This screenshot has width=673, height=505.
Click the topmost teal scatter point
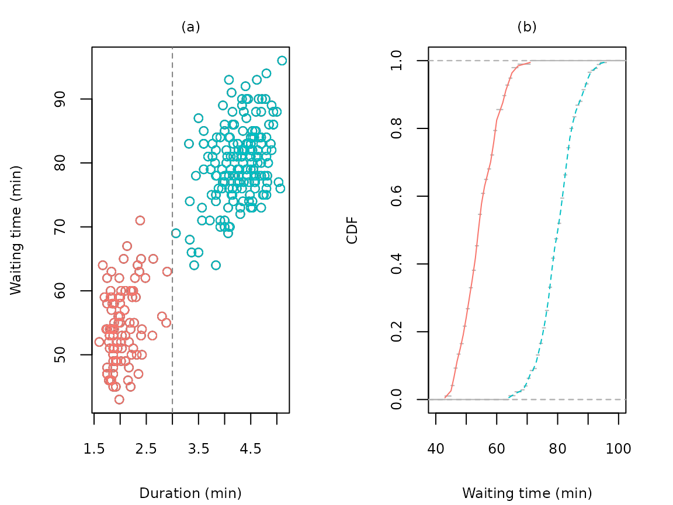pyautogui.click(x=282, y=61)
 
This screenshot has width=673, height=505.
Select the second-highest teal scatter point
pyautogui.click(x=266, y=74)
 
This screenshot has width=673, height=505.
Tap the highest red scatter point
pyautogui.click(x=140, y=220)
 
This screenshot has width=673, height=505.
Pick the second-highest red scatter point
pyautogui.click(x=127, y=246)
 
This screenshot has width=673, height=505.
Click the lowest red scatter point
pyautogui.click(x=119, y=399)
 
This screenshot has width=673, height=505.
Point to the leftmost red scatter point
pyautogui.click(x=99, y=342)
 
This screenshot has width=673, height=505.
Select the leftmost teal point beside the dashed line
pyautogui.click(x=176, y=233)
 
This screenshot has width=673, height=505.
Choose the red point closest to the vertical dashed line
pyautogui.click(x=167, y=271)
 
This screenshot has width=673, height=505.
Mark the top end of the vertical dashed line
pyautogui.click(x=172, y=48)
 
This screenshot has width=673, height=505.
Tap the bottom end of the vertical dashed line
pyautogui.click(x=172, y=412)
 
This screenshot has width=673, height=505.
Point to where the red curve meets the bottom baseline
pyautogui.click(x=445, y=399)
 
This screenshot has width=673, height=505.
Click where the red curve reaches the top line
pyautogui.click(x=529, y=61)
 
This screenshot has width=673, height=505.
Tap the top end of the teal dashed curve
pyautogui.click(x=605, y=61)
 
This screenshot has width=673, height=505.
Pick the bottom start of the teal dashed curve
pyautogui.click(x=509, y=398)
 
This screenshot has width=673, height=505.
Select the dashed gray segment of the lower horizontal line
pyautogui.click(x=584, y=399)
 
